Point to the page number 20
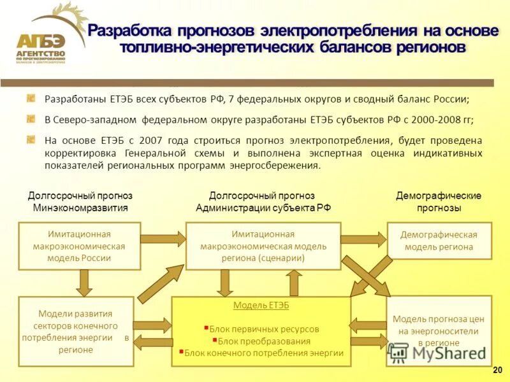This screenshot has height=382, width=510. pyautogui.click(x=497, y=371)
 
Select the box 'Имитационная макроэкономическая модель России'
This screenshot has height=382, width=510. pyautogui.click(x=79, y=246)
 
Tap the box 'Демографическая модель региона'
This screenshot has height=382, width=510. pyautogui.click(x=439, y=241)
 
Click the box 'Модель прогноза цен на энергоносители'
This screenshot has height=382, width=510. pyautogui.click(x=439, y=330)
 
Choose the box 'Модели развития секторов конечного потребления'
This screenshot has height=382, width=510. pyautogui.click(x=76, y=331)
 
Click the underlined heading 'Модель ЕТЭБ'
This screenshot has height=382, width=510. pyautogui.click(x=261, y=306)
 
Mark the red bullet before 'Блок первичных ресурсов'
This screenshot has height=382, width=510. pyautogui.click(x=206, y=329)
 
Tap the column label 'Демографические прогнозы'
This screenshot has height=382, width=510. pyautogui.click(x=439, y=202)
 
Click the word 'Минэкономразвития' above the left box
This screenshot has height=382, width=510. pyautogui.click(x=80, y=208)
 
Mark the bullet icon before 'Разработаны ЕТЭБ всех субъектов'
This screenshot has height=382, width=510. pyautogui.click(x=31, y=99)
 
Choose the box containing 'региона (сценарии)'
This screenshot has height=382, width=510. pyautogui.click(x=263, y=246)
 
